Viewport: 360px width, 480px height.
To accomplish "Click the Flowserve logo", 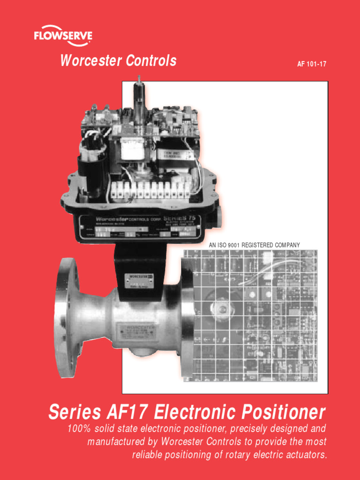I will [63, 37].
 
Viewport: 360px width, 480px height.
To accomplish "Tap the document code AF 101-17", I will [312, 64].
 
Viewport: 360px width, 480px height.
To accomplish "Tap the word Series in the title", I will [74, 412].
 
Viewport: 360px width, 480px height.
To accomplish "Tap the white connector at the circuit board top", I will [267, 257].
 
